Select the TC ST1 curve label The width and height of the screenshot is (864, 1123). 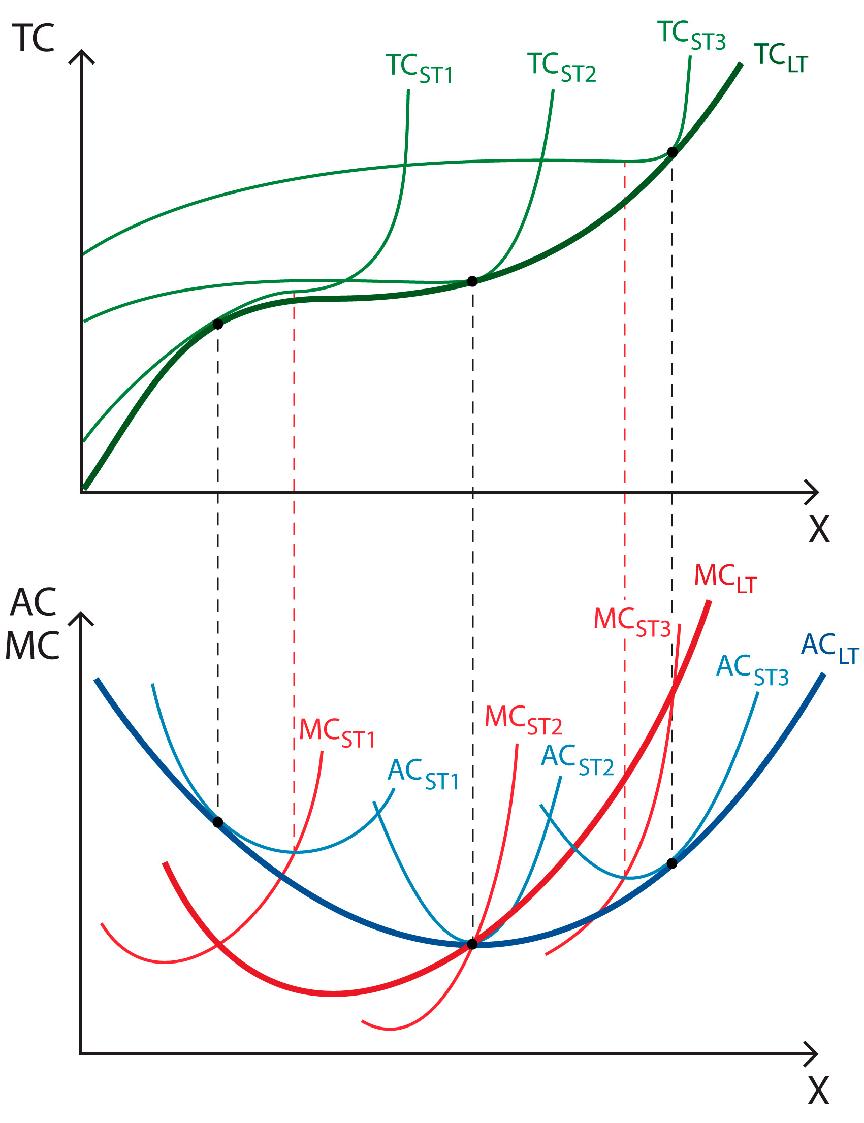pyautogui.click(x=419, y=69)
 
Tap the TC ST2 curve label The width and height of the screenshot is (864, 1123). pyautogui.click(x=561, y=68)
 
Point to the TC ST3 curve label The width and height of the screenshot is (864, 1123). pyautogui.click(x=691, y=36)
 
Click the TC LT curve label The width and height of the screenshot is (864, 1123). pyautogui.click(x=780, y=57)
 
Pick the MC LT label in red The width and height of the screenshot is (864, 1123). pyautogui.click(x=725, y=578)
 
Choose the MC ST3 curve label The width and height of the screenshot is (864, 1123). pyautogui.click(x=632, y=621)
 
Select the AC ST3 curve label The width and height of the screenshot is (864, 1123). pyautogui.click(x=752, y=669)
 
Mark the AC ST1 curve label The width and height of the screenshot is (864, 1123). pyautogui.click(x=422, y=774)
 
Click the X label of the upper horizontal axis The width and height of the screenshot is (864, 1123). pyautogui.click(x=819, y=529)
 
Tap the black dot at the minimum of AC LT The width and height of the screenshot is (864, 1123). pyautogui.click(x=472, y=944)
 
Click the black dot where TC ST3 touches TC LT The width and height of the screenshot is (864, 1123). pyautogui.click(x=672, y=152)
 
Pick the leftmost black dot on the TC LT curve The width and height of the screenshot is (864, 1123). pyautogui.click(x=217, y=324)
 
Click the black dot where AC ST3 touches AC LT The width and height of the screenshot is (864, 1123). pyautogui.click(x=671, y=863)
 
